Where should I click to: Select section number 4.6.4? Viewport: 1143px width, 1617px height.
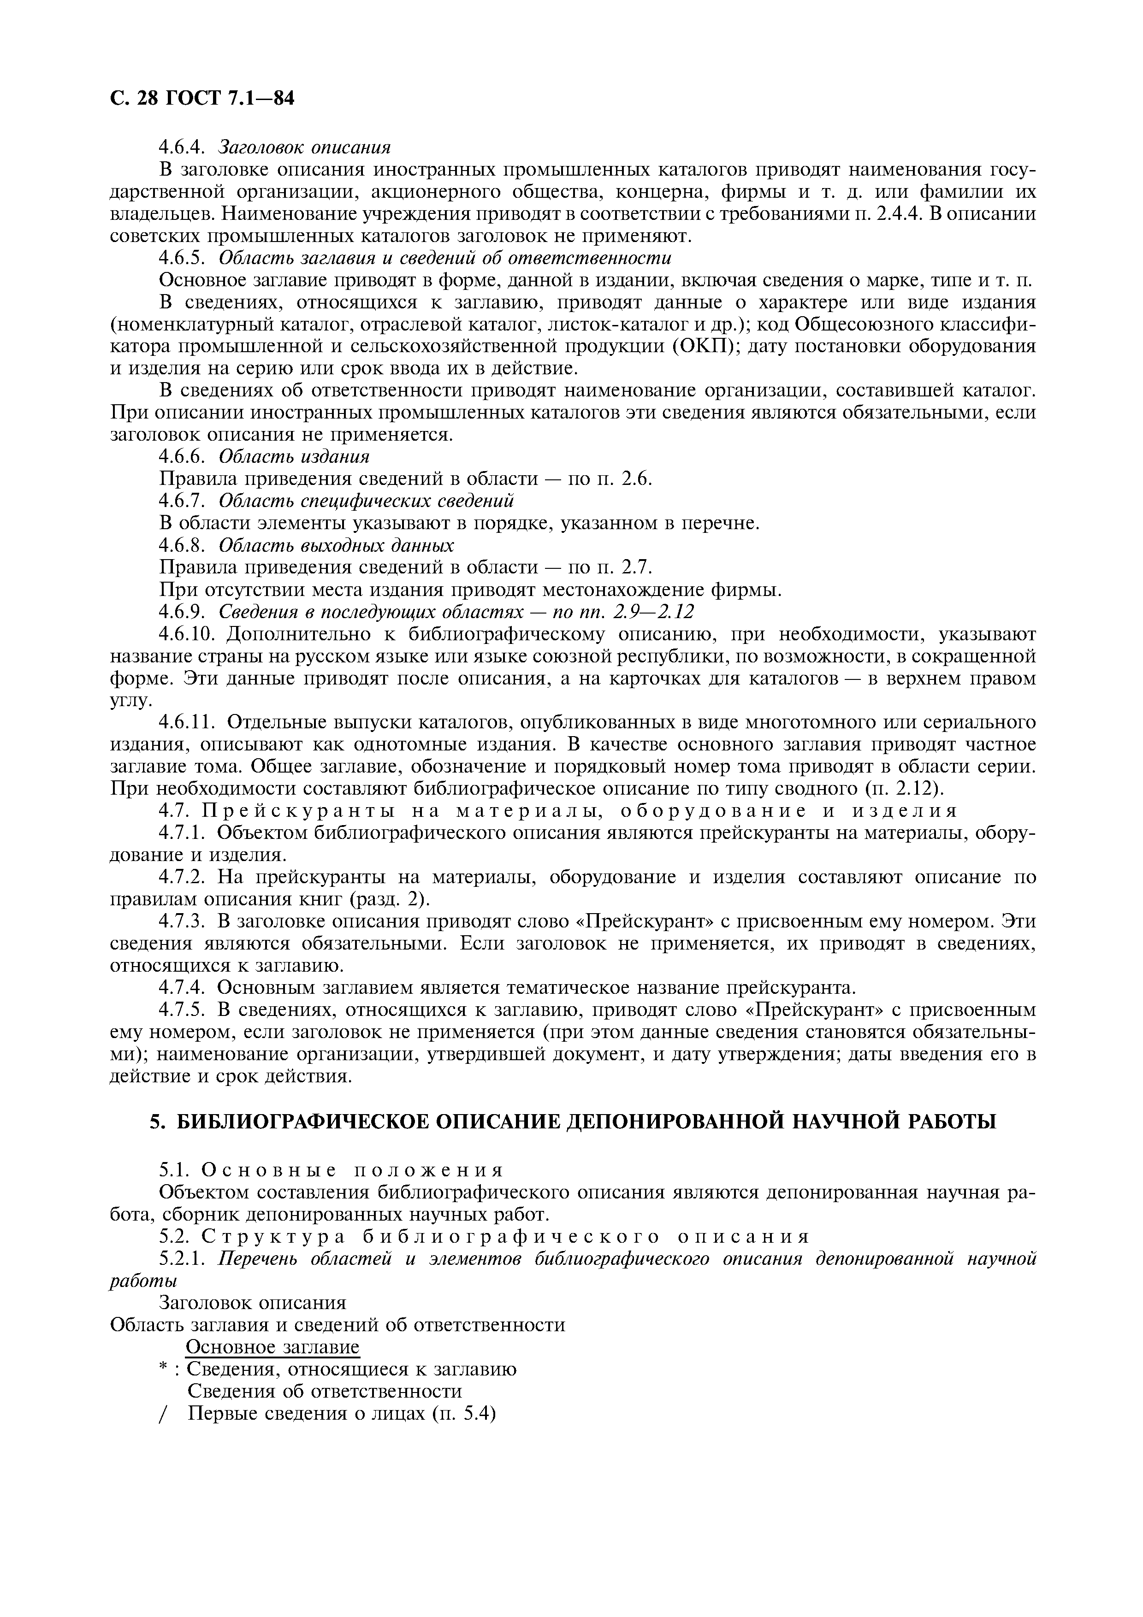pyautogui.click(x=182, y=147)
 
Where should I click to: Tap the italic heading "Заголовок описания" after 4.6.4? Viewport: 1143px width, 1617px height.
pyautogui.click(x=304, y=147)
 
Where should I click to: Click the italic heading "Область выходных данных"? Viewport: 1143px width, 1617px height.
pyautogui.click(x=336, y=545)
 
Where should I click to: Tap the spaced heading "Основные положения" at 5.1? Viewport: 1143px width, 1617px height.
pyautogui.click(x=353, y=1170)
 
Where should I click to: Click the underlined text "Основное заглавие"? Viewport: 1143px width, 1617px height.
pyautogui.click(x=272, y=1347)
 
